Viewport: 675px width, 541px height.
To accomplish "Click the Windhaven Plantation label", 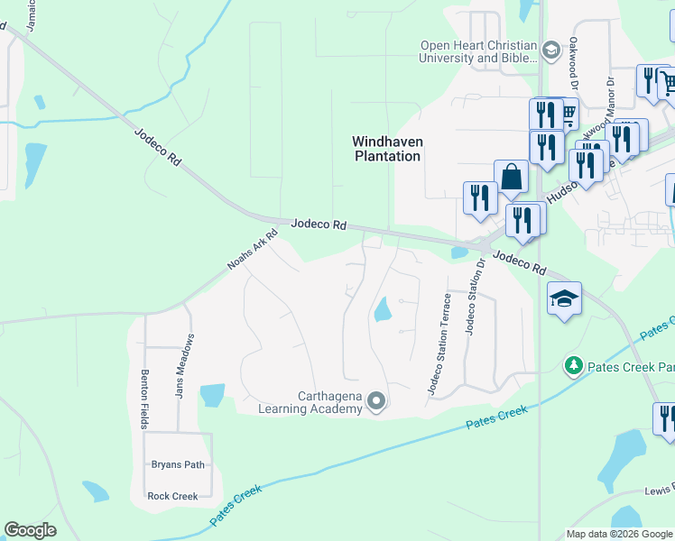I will pos(386,149).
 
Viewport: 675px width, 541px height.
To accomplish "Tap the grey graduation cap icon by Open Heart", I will pos(550,50).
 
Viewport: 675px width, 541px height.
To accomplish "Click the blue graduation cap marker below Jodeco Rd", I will pos(564,298).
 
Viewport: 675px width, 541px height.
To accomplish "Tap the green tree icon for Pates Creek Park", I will pos(572,365).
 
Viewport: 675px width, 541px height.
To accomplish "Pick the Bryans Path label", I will pos(178,465).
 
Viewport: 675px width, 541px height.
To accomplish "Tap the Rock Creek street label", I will pos(172,496).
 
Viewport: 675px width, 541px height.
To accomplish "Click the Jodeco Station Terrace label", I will pos(439,344).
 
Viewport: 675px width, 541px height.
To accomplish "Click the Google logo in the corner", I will pos(30,530).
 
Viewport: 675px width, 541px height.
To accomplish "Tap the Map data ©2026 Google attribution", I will pos(619,534).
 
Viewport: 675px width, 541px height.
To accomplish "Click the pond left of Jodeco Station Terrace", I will pos(383,309).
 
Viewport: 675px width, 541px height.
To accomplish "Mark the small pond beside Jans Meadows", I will pos(212,395).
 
